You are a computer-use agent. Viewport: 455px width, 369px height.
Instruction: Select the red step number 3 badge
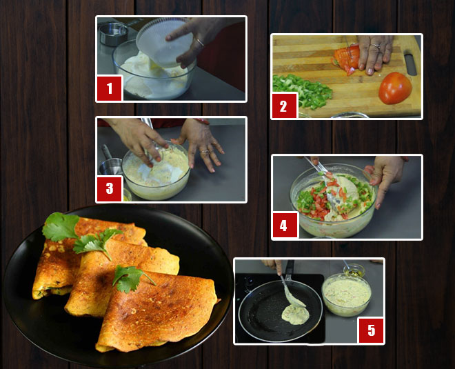(x=109, y=188)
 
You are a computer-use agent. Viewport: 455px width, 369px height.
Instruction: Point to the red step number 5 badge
(x=371, y=330)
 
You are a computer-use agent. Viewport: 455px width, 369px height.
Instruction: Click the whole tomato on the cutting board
(x=395, y=88)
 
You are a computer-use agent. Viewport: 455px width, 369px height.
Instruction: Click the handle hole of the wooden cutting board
(x=411, y=63)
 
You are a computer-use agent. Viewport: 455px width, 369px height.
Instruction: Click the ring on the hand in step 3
(x=204, y=150)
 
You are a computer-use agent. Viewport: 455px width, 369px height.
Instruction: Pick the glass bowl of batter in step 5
(x=347, y=295)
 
